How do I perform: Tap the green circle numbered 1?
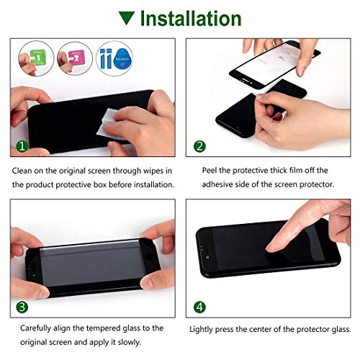[22, 147]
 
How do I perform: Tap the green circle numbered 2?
[199, 147]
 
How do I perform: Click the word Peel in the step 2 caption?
[207, 171]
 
